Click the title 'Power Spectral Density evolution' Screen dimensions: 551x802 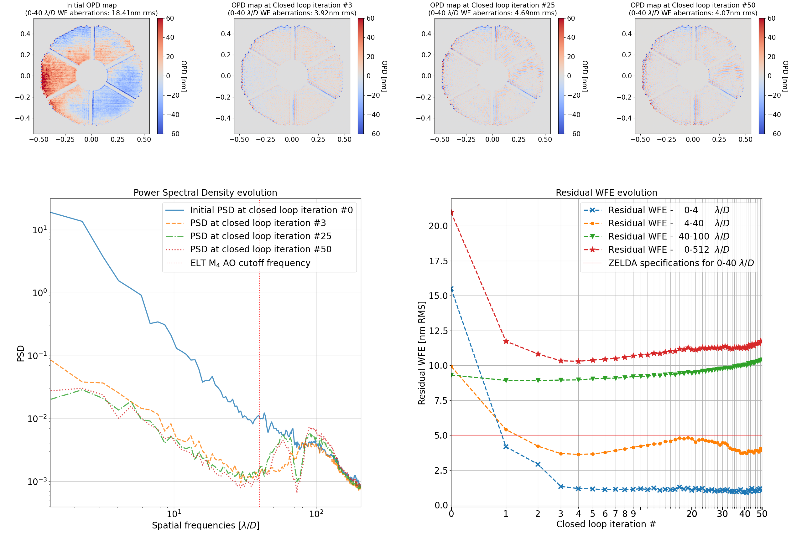click(205, 193)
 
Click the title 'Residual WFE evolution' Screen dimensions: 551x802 click(606, 193)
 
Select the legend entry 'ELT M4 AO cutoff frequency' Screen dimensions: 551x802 click(250, 263)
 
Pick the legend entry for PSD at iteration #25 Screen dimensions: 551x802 click(260, 236)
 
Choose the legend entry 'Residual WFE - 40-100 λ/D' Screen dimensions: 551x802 click(668, 236)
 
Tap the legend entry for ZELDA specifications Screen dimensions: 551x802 click(680, 263)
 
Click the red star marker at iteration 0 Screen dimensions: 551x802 click(451, 213)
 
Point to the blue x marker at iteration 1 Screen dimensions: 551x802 click(506, 447)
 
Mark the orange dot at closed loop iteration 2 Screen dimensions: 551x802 click(538, 446)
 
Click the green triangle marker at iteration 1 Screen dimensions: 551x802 click(506, 380)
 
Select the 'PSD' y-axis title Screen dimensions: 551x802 click(21, 353)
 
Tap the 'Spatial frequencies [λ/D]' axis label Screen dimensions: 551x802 click(206, 525)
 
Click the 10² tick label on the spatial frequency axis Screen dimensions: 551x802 click(316, 514)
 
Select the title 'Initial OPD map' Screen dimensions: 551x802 click(91, 5)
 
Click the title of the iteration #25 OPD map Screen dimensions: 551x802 click(492, 5)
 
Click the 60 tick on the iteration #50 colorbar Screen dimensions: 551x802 click(771, 18)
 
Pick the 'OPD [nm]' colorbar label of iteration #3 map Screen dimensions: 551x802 click(384, 76)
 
